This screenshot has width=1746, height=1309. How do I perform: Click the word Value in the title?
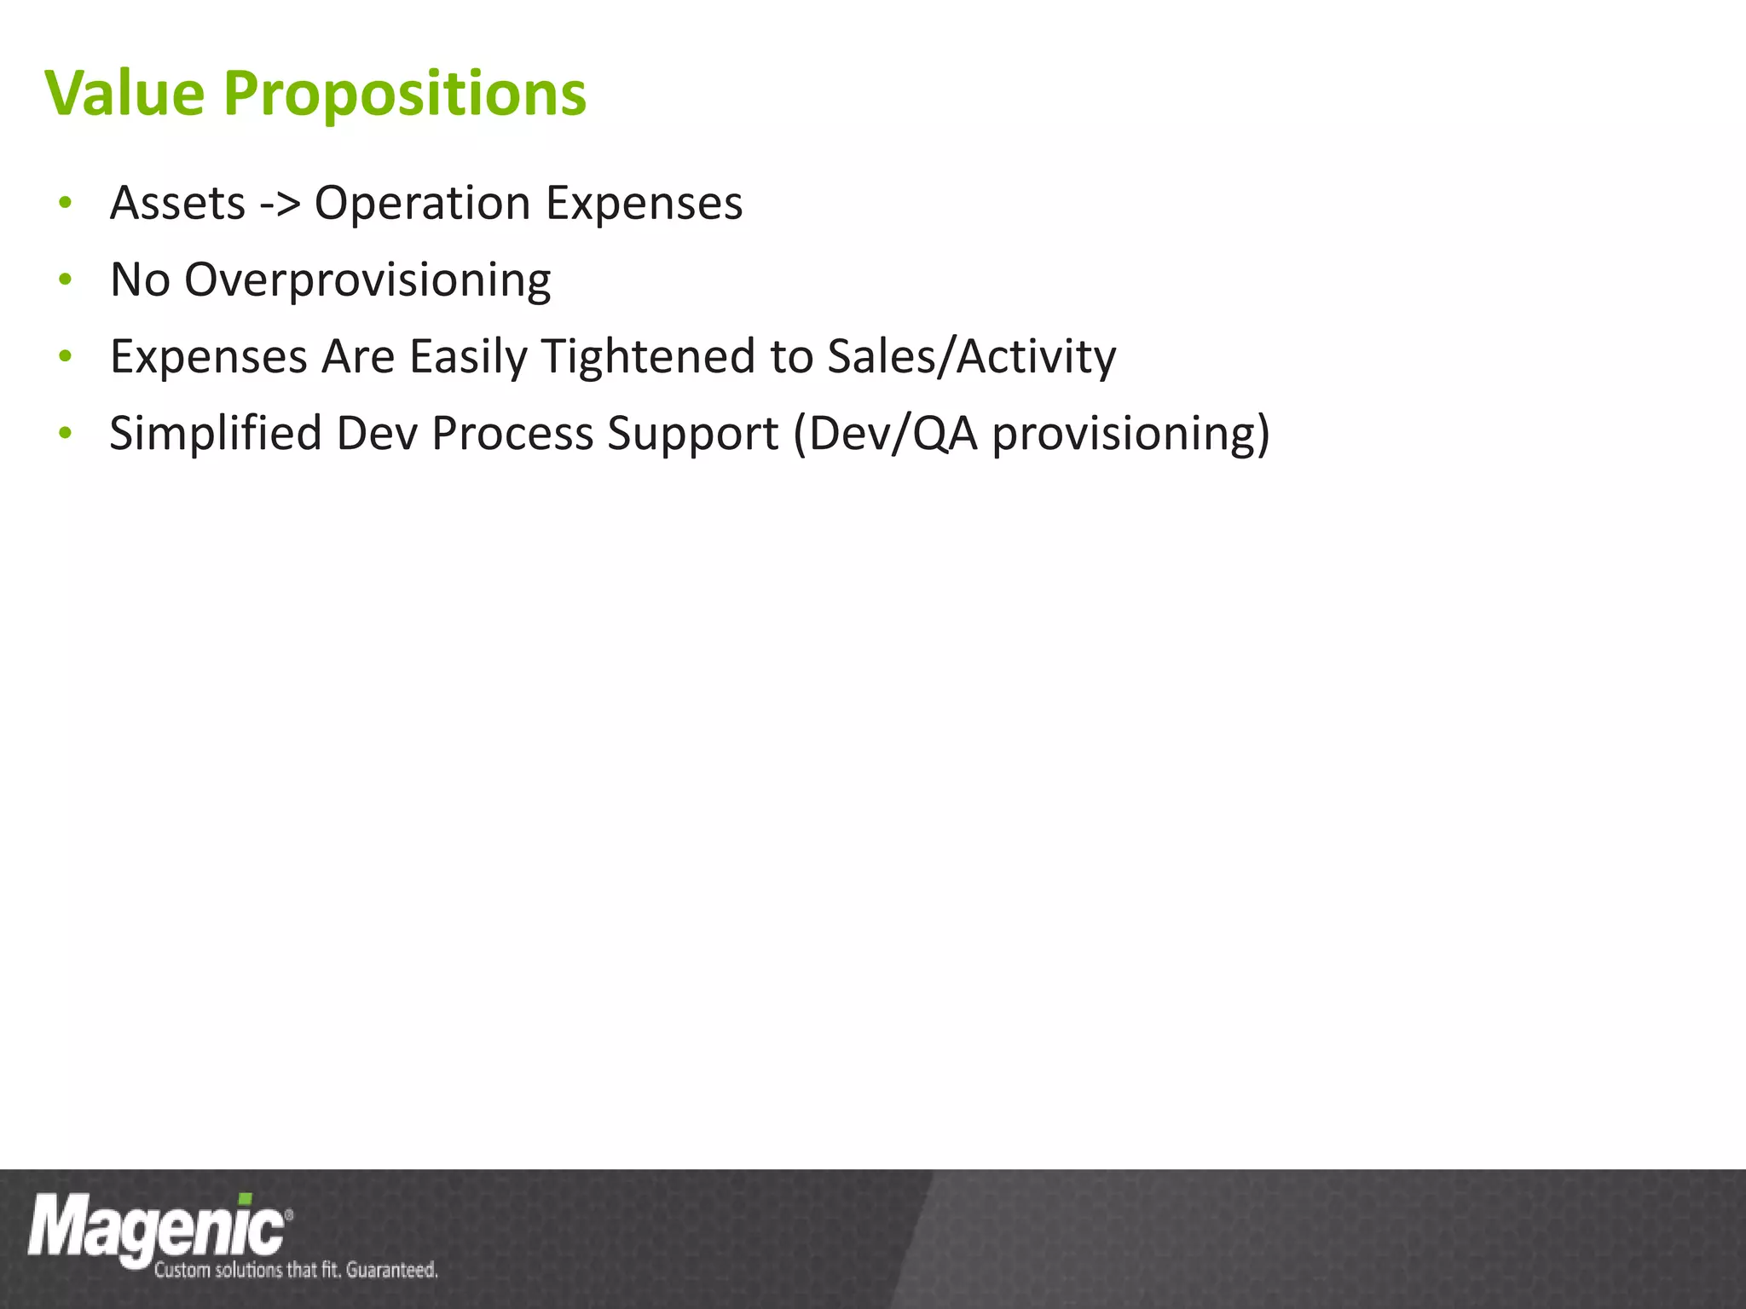(124, 93)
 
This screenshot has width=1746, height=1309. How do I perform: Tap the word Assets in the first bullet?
(178, 204)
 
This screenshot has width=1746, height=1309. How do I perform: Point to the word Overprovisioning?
(367, 281)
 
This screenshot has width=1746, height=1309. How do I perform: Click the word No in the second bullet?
(140, 280)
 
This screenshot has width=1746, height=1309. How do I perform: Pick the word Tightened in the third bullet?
(648, 357)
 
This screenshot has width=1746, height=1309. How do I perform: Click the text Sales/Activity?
(971, 357)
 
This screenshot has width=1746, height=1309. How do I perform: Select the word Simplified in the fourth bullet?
(216, 434)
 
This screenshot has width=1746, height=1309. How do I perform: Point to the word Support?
(692, 435)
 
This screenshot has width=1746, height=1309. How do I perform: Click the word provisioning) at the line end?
(1130, 435)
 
